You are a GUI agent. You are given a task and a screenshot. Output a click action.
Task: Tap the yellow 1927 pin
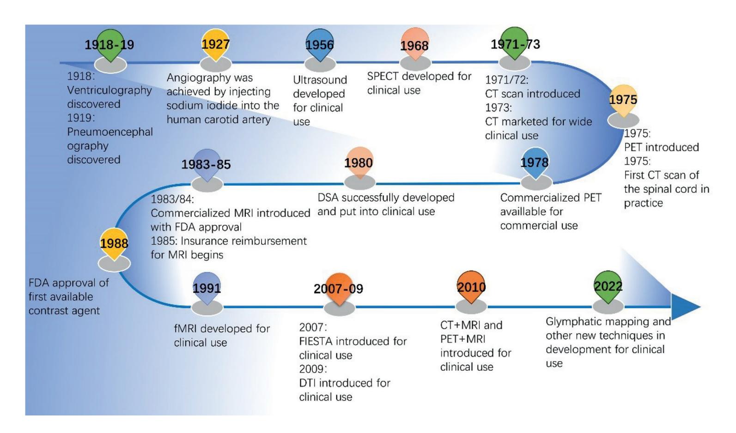(215, 44)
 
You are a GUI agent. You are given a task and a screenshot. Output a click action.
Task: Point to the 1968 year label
(414, 46)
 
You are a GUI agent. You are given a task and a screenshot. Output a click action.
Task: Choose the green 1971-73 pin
(515, 44)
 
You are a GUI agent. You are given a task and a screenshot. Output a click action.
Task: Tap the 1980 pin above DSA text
(359, 162)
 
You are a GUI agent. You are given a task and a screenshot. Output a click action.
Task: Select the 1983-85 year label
(206, 165)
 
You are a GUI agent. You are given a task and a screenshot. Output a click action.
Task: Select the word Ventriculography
(109, 90)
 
